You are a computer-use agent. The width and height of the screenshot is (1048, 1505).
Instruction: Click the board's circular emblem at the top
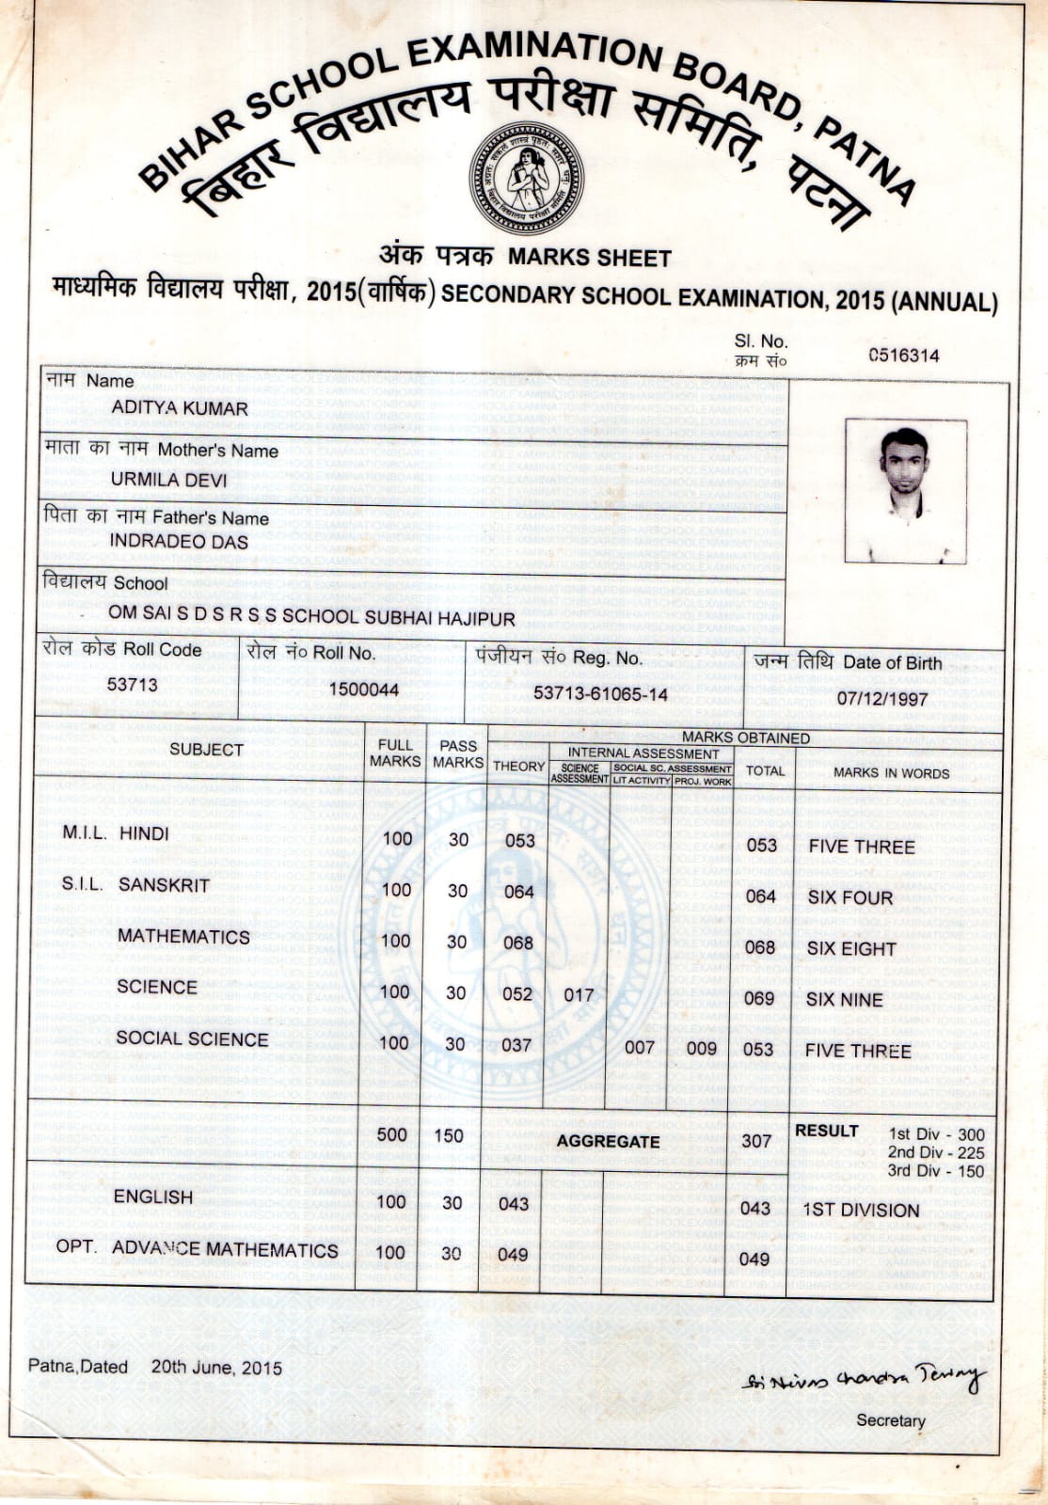(526, 178)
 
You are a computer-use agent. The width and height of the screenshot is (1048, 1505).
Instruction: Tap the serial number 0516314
(903, 356)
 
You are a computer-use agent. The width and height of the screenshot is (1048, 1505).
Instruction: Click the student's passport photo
(905, 491)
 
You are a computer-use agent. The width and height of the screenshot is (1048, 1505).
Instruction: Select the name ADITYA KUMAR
(179, 408)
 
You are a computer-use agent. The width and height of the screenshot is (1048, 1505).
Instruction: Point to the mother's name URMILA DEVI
(168, 479)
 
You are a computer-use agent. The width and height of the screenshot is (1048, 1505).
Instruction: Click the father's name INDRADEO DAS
(178, 542)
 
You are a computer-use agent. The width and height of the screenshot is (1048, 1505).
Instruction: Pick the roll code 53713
(132, 684)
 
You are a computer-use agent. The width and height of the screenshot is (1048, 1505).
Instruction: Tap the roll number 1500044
(363, 689)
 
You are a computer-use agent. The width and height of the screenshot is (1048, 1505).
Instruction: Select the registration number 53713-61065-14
(600, 694)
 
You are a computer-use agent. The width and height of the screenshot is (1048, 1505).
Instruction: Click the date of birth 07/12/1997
(882, 699)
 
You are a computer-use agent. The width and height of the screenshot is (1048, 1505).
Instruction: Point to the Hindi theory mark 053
(519, 840)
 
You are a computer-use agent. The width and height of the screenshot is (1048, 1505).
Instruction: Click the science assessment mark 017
(579, 995)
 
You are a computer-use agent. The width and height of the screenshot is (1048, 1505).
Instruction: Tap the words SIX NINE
(844, 1000)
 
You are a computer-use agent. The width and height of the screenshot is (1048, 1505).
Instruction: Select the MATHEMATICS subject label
(183, 937)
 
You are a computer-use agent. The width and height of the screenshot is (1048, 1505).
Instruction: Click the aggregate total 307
(756, 1141)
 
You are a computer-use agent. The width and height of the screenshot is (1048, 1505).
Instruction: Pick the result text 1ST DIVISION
(860, 1211)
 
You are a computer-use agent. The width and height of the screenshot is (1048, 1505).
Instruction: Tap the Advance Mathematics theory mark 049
(513, 1254)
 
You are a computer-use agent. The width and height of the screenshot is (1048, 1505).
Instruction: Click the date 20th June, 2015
(216, 1368)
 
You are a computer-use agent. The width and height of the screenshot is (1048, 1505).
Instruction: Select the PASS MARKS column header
(458, 754)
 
